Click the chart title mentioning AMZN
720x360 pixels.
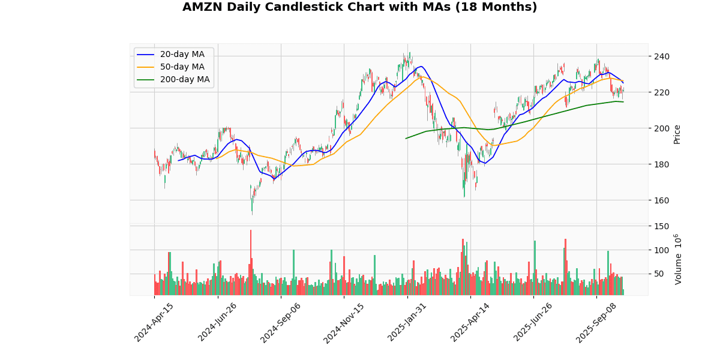pyautogui.click(x=359, y=7)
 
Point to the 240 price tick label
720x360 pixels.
pyautogui.click(x=661, y=56)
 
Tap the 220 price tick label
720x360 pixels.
pyautogui.click(x=661, y=92)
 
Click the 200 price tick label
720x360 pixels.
pyautogui.click(x=661, y=128)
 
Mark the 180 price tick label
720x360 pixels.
pyautogui.click(x=661, y=164)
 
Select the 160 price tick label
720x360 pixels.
pyautogui.click(x=661, y=200)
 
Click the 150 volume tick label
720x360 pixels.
pyautogui.click(x=661, y=226)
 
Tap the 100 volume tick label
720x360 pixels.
pyautogui.click(x=661, y=250)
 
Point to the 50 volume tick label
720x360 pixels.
pyautogui.click(x=659, y=274)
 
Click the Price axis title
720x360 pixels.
pyautogui.click(x=677, y=134)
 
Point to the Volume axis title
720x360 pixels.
pyautogui.click(x=678, y=259)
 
